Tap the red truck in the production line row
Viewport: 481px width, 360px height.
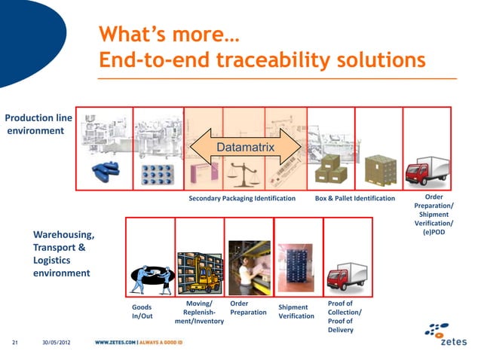[x=427, y=169]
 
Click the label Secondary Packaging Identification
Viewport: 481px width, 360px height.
[x=242, y=199]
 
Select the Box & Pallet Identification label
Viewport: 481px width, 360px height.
[x=354, y=199]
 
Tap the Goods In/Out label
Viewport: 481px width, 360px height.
[x=142, y=312]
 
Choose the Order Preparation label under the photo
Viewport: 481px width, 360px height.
[x=248, y=308]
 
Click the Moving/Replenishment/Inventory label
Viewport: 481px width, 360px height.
[x=199, y=313]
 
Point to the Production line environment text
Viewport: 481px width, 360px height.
[x=38, y=125]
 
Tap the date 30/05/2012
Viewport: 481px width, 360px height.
[x=57, y=345]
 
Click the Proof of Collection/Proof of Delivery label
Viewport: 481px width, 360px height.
[x=345, y=316]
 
